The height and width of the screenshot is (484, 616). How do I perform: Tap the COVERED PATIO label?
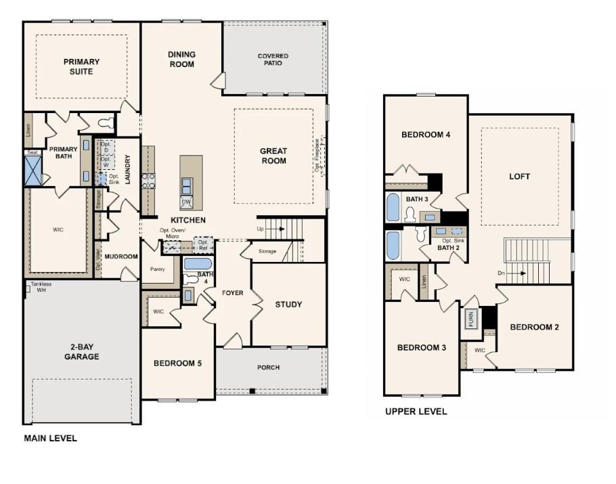click(273, 60)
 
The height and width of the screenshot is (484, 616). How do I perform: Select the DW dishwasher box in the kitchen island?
click(186, 202)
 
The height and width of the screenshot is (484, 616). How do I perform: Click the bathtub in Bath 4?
click(197, 263)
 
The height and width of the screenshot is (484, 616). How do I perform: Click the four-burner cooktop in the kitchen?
click(148, 180)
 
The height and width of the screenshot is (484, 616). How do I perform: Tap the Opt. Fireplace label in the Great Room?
click(317, 155)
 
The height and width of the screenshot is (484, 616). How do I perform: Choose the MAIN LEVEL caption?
click(50, 438)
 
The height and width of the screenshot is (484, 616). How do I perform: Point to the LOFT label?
click(519, 177)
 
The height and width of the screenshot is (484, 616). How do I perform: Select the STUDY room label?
click(288, 305)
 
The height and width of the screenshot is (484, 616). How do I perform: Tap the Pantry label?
click(157, 269)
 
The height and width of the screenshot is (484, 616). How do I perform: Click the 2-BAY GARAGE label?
click(82, 352)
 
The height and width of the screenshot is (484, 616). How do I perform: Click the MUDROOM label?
click(122, 257)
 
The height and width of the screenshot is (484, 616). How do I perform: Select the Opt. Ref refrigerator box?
click(202, 243)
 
